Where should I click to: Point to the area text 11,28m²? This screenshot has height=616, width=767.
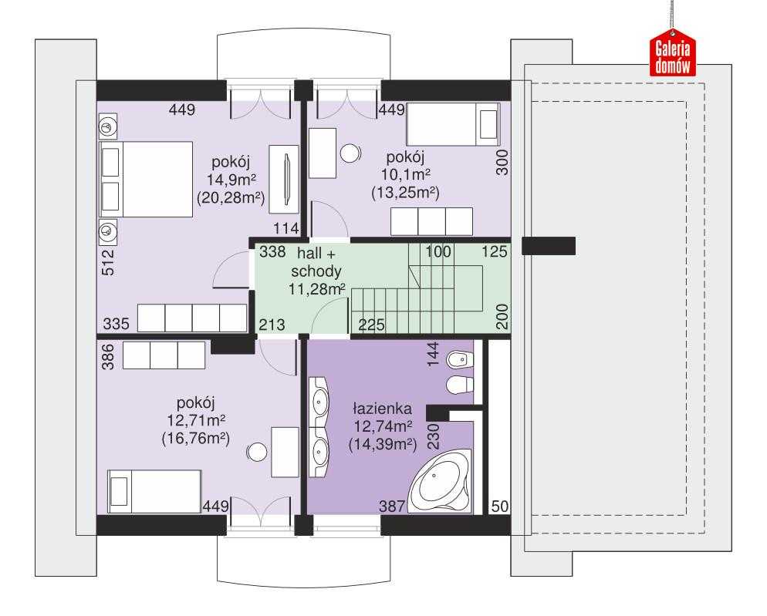point(317,290)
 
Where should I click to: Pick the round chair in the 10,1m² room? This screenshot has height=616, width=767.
point(351,153)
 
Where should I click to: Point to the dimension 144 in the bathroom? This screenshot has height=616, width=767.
point(433,353)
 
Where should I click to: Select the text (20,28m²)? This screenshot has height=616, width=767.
point(231,198)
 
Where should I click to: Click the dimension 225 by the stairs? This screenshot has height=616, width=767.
point(372,325)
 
